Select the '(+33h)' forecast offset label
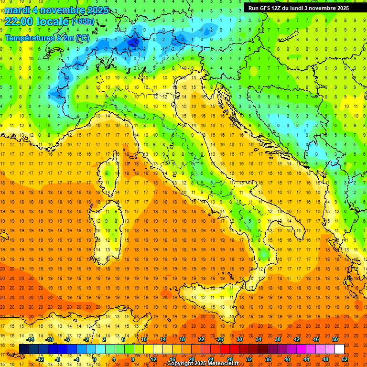[x=83, y=22]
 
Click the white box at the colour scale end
[x=339, y=349]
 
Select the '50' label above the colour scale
[x=335, y=339]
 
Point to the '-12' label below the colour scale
[x=40, y=359]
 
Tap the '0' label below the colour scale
[x=95, y=359]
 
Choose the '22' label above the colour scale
[x=201, y=339]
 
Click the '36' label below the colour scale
[x=269, y=359]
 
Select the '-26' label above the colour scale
[x=219, y=339]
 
